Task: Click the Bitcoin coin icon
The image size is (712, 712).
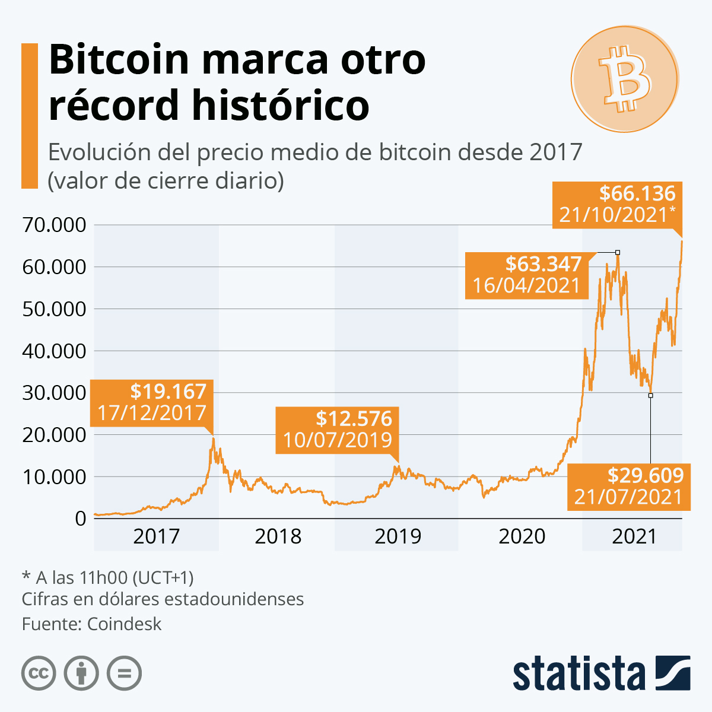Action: tap(625, 79)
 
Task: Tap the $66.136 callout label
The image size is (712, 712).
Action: tap(617, 204)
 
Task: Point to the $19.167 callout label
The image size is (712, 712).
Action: tap(151, 402)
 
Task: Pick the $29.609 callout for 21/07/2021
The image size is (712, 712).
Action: tap(629, 486)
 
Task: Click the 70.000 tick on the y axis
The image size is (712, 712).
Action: tap(54, 225)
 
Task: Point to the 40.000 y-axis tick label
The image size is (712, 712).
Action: tap(54, 351)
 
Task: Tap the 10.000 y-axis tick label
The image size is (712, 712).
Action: tap(54, 477)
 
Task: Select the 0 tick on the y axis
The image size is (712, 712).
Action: tap(80, 519)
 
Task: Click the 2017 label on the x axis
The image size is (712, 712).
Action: tap(156, 536)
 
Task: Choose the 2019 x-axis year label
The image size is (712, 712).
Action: tap(398, 536)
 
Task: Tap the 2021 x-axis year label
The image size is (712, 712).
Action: tap(634, 536)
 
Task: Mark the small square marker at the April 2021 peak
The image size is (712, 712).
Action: tap(618, 253)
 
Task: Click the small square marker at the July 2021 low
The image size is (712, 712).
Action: tap(650, 395)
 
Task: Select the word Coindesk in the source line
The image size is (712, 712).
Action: tap(124, 624)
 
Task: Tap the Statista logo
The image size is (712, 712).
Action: tap(601, 673)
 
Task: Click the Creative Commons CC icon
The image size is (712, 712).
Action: tap(39, 673)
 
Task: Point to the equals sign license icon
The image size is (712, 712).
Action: tap(124, 673)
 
